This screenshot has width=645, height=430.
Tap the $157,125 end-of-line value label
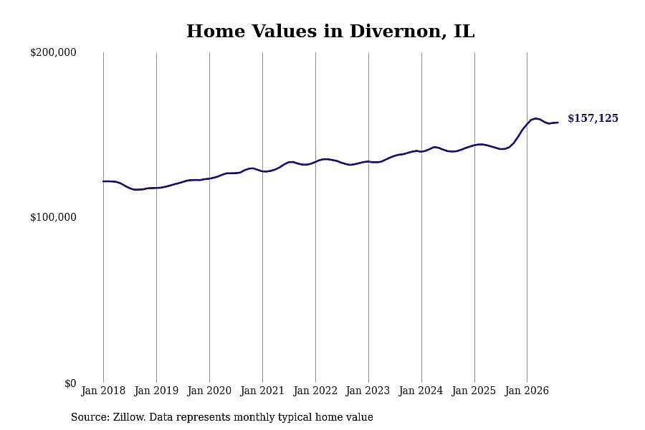tap(593, 118)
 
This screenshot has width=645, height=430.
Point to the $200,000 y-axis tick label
tap(53, 52)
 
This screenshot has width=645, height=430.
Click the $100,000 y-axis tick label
tap(53, 217)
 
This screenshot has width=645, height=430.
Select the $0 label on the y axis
tap(70, 383)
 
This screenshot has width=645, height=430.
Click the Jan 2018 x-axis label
tap(103, 391)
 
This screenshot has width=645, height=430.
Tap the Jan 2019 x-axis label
tap(156, 391)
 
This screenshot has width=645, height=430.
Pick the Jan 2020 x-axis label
tap(209, 391)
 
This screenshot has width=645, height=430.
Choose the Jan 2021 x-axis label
tap(262, 391)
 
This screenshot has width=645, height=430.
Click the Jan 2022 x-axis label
tap(315, 391)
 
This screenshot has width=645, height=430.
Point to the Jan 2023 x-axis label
tap(368, 391)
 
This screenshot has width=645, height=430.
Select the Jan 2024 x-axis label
tap(421, 391)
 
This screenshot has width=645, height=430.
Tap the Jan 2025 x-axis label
tap(474, 391)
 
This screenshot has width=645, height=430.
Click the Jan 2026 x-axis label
tap(527, 391)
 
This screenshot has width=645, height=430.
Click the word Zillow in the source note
tap(129, 417)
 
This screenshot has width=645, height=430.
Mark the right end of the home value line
tap(558, 123)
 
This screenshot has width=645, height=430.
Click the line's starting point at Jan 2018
tap(103, 181)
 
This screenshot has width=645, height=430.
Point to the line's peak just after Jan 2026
tap(535, 118)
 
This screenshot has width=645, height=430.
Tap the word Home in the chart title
tap(216, 32)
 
